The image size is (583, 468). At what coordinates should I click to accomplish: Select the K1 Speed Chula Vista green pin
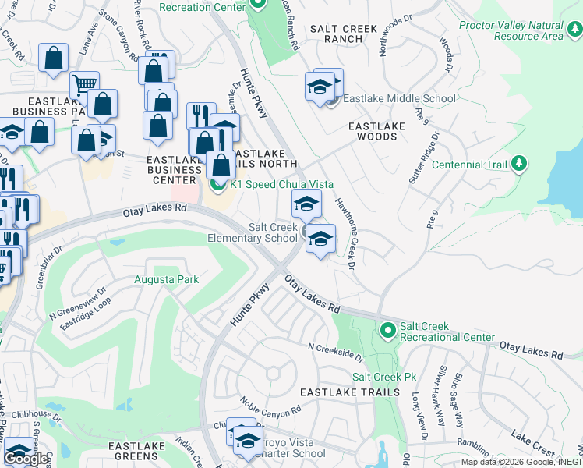click(x=217, y=184)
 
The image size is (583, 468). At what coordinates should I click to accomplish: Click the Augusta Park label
click(x=167, y=279)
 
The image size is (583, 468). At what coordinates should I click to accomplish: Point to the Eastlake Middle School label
click(x=399, y=98)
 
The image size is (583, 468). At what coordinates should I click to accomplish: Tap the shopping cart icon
click(x=84, y=84)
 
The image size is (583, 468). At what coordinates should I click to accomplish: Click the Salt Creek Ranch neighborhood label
click(x=344, y=34)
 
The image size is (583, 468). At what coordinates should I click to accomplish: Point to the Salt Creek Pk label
click(x=384, y=377)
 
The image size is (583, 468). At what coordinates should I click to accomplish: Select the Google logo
click(x=26, y=459)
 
